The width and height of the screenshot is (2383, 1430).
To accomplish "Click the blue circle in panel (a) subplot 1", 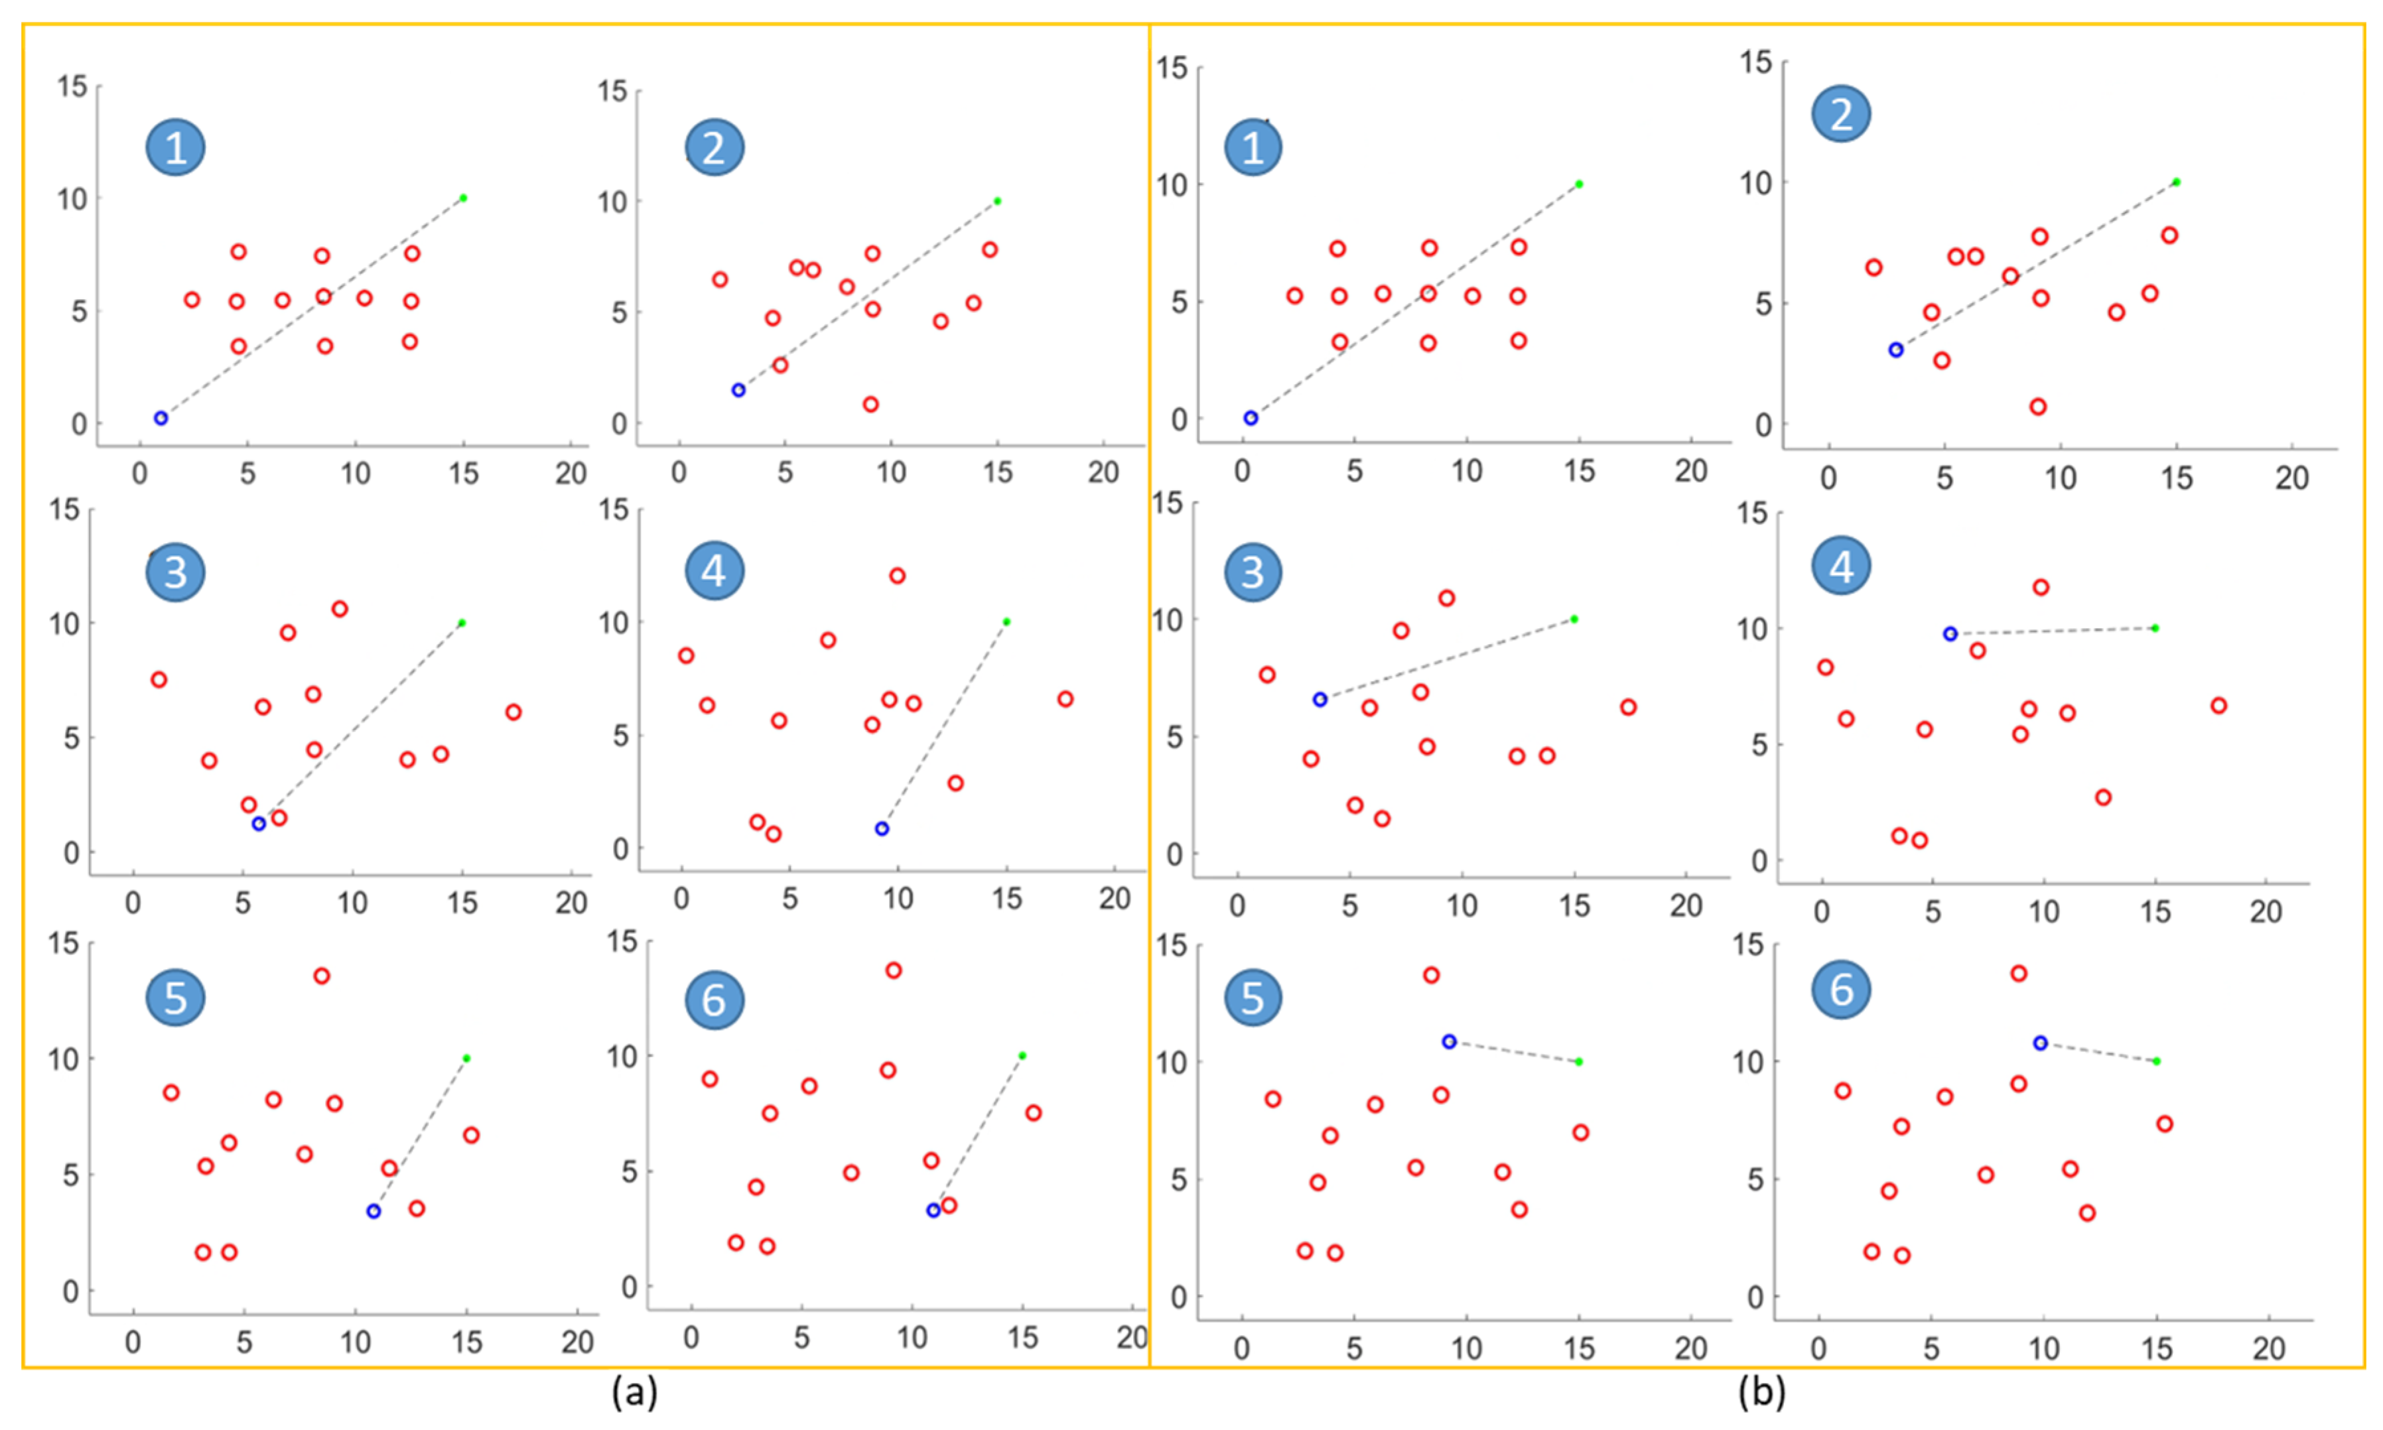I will click(x=161, y=419).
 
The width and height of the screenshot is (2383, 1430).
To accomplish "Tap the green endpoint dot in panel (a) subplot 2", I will click(x=997, y=202).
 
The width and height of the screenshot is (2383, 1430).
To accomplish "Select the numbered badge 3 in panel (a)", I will click(x=175, y=572).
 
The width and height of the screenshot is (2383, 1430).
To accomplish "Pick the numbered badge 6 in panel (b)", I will click(x=1842, y=990).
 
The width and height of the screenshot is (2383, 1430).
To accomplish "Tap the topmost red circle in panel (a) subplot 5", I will click(x=322, y=976).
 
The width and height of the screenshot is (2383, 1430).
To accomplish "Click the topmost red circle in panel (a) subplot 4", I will click(x=897, y=576).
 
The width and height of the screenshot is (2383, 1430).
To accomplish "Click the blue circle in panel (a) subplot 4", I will click(x=882, y=828).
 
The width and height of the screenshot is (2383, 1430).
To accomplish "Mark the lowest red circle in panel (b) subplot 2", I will click(x=2038, y=407).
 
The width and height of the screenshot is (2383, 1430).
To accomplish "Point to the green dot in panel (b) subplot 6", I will click(x=2157, y=1061).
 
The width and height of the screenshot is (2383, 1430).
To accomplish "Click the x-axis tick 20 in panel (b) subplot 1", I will click(x=1691, y=471).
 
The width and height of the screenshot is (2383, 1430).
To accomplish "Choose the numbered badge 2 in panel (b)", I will click(x=1842, y=115).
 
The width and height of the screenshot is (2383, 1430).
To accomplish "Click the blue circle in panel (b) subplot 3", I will click(x=1320, y=700).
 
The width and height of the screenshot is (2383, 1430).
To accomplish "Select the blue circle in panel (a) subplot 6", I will click(x=933, y=1210).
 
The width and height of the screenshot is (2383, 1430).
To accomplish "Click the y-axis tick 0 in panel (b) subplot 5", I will click(x=1178, y=1297).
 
